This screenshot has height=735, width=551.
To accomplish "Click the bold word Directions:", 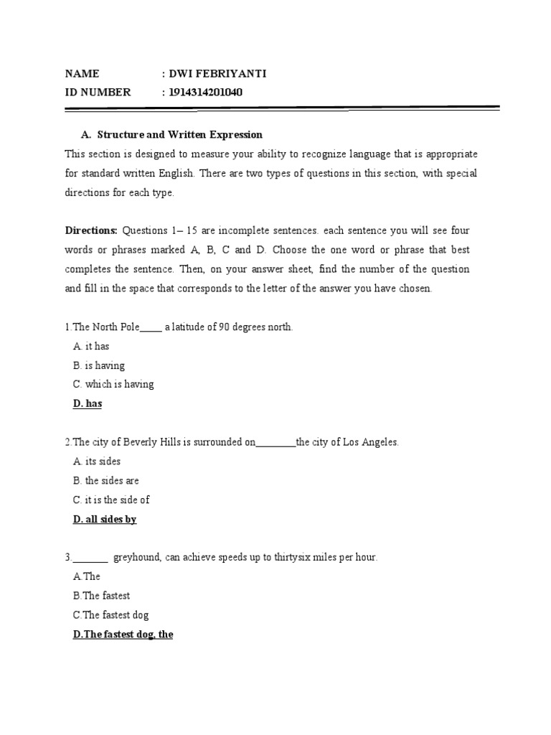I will point(91,230).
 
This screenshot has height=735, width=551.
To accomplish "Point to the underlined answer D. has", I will point(88,403).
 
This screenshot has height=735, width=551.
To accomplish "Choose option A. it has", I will point(91,346).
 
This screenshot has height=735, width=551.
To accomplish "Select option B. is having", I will point(99,365).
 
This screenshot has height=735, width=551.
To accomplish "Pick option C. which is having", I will point(113,384).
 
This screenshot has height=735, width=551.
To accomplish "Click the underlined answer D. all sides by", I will point(105,519).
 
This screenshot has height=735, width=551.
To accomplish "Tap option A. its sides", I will point(97,462).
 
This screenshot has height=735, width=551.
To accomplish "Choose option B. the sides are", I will point(106,481).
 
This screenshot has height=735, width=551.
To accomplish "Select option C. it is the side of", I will point(111,500).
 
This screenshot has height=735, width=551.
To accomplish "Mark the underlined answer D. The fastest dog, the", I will point(123,635).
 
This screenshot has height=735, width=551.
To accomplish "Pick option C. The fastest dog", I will point(110,615).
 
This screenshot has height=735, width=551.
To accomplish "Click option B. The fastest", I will point(101,596).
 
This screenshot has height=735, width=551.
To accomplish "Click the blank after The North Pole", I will point(151,327).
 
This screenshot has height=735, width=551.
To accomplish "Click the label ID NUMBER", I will point(98,92).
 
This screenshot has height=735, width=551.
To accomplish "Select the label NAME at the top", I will point(82,73).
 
